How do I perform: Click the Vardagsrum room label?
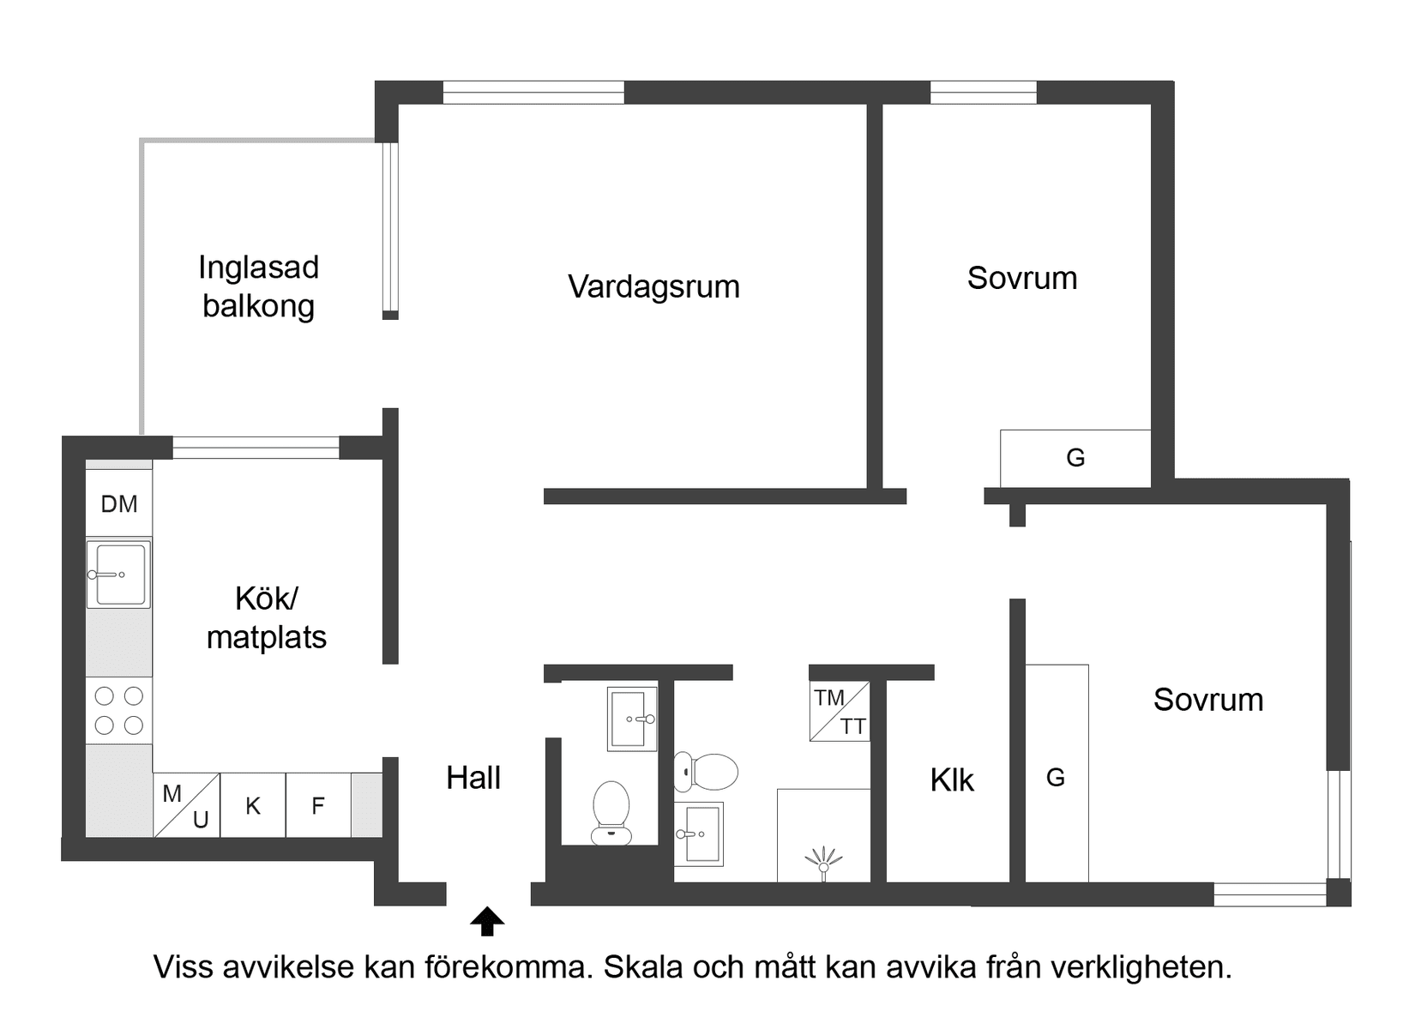coord(653,286)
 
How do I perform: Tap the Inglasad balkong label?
coord(258,286)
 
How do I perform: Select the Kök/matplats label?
coord(267,617)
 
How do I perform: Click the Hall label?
coord(473,778)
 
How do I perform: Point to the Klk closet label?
coord(952,780)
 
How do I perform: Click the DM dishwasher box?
coord(119,503)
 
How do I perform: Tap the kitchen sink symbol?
coord(119,574)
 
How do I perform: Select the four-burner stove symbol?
coord(119,710)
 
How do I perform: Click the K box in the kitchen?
coord(253,805)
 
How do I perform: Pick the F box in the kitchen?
coord(318,805)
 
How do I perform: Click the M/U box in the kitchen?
coord(187,805)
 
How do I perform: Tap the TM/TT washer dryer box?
coord(840,712)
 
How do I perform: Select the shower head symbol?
coord(824,861)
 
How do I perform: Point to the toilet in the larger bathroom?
coord(706,772)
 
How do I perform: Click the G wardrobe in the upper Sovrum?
coord(1075,458)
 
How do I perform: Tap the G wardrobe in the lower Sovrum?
coord(1057,776)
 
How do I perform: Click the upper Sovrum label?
coord(1022,278)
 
